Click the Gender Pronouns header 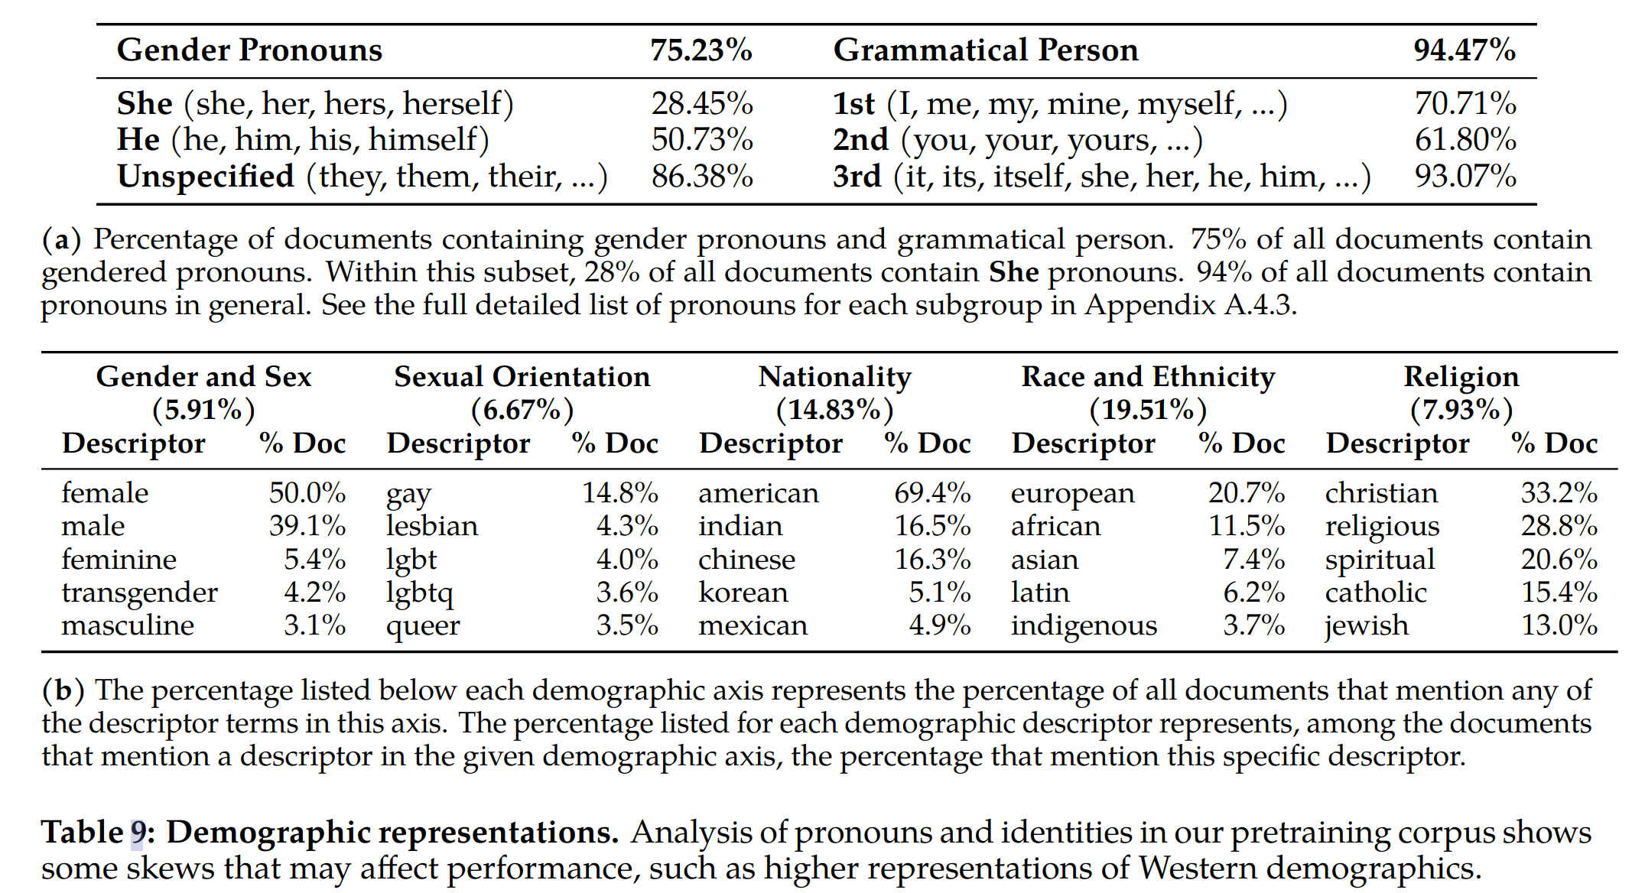(x=249, y=50)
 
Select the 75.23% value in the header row (x=701, y=50)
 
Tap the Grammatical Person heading (x=986, y=50)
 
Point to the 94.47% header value (x=1465, y=50)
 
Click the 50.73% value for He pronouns (x=702, y=140)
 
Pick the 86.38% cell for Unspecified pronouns (x=702, y=177)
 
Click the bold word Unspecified (x=206, y=177)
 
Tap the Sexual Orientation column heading (x=522, y=377)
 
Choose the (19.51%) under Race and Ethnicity (x=1148, y=410)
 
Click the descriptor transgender (x=140, y=593)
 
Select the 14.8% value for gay (x=619, y=493)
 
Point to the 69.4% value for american (x=932, y=493)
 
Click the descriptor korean (x=743, y=593)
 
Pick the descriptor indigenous (x=1084, y=625)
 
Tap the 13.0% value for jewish (x=1559, y=625)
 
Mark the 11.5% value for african (x=1246, y=526)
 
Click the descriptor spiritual (x=1380, y=560)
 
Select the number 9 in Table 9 (x=138, y=833)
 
